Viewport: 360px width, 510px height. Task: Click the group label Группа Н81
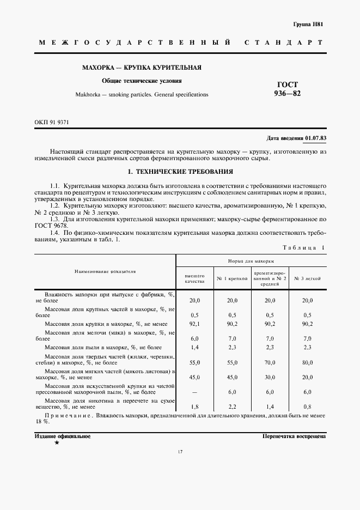pos(308,25)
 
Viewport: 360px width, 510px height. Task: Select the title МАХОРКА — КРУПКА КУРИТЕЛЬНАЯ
pos(142,68)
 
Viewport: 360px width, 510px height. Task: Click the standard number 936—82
pos(288,93)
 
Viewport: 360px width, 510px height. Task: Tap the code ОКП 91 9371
pos(52,122)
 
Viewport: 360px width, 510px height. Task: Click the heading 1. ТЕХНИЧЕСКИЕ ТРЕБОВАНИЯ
pos(180,172)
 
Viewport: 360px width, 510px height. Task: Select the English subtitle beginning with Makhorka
pos(142,94)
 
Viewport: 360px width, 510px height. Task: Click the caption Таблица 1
pos(303,248)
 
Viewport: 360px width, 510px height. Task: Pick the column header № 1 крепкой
pos(232,278)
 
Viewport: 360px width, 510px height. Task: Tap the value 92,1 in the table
pos(194,323)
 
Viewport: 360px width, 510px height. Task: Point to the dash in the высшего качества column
pos(194,392)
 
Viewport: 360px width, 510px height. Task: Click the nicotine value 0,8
pos(307,407)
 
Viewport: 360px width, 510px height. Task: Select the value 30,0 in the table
pos(270,377)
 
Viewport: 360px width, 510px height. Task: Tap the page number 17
pos(180,452)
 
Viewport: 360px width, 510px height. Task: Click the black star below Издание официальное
pos(57,444)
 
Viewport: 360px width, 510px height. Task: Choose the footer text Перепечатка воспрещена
pos(294,436)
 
